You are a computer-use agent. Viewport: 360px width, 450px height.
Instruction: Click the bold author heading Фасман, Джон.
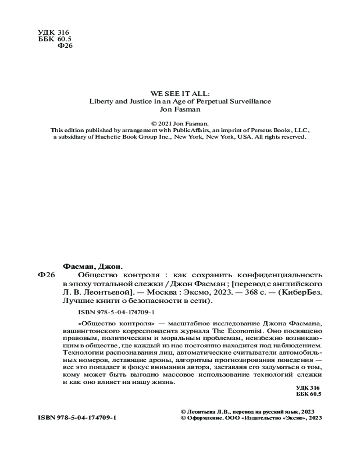tap(91, 266)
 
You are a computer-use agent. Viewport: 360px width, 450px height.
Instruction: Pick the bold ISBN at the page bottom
tap(77, 418)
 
